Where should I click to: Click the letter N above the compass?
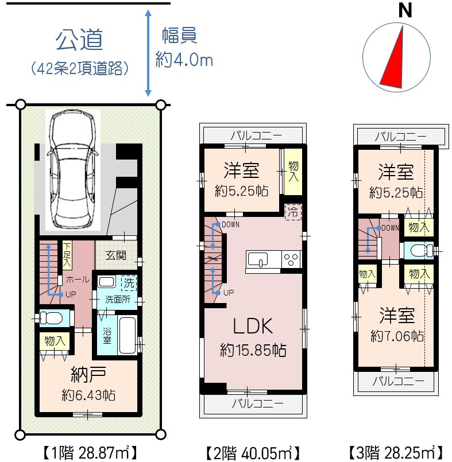406,11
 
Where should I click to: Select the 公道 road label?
79,40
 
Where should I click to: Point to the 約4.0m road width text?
184,60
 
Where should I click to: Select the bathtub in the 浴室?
128,335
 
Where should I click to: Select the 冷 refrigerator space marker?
293,211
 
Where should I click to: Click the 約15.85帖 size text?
253,350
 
